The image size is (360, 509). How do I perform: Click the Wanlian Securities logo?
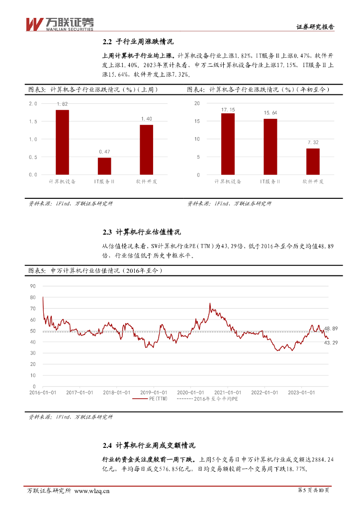coord(59,23)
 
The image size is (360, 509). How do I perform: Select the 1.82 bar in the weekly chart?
coord(62,142)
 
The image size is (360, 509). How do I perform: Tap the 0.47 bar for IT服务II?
coord(104,166)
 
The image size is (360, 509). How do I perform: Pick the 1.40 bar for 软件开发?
coord(146,150)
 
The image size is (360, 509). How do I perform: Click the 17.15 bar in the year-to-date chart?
coord(228,144)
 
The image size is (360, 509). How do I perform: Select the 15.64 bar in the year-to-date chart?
coord(270,147)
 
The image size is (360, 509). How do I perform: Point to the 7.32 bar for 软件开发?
coord(313,162)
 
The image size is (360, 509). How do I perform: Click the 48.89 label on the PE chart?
coord(331,329)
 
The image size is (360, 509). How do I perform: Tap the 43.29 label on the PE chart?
coord(331,342)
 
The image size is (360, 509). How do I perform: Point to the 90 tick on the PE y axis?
coord(33,286)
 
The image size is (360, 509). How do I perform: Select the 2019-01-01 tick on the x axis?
coord(153,392)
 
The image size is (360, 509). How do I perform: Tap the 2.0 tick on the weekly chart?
coord(33,103)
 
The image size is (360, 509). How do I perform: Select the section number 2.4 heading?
coord(108,445)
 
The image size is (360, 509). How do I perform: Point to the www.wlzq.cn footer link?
coord(92,491)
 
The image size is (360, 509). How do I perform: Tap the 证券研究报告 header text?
coord(315,27)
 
